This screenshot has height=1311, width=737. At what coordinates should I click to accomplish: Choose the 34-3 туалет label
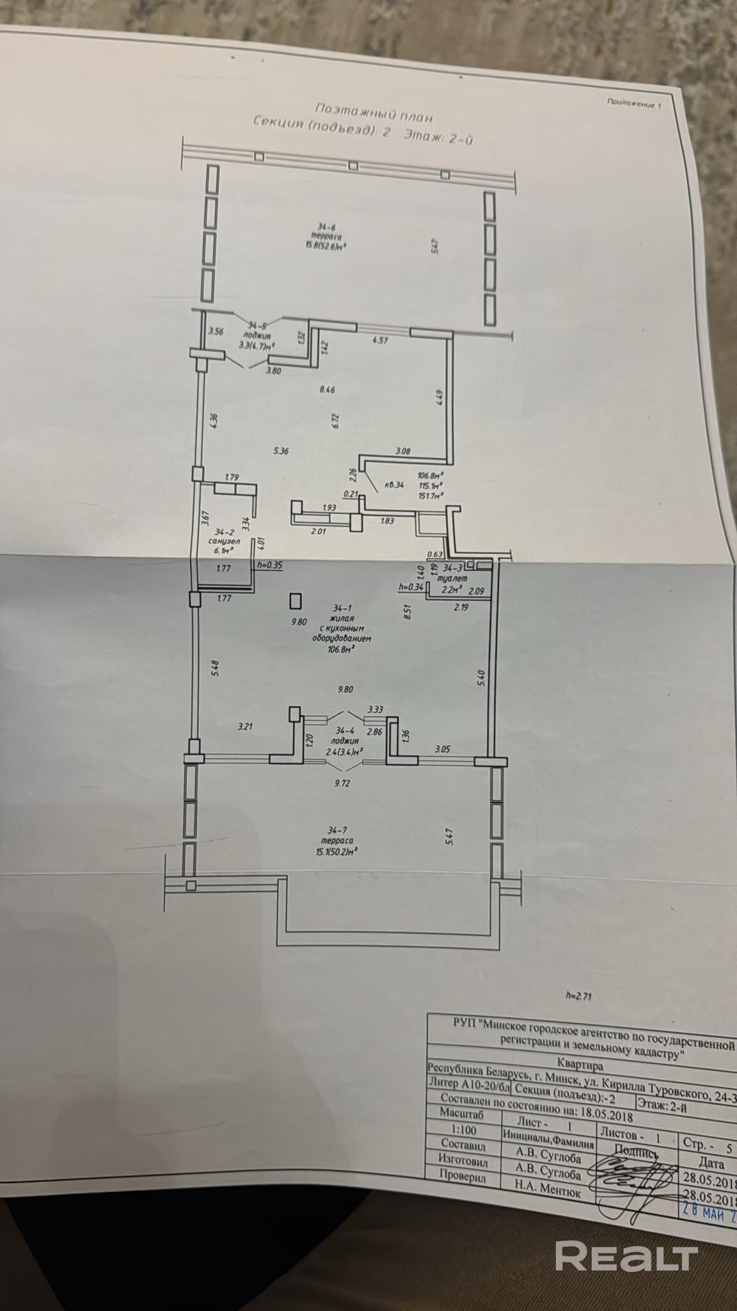(x=450, y=575)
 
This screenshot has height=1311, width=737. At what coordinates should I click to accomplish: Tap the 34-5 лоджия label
(x=257, y=334)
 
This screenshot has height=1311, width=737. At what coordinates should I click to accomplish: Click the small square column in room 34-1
(x=296, y=600)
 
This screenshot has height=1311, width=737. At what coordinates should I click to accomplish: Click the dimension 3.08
(x=403, y=451)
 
